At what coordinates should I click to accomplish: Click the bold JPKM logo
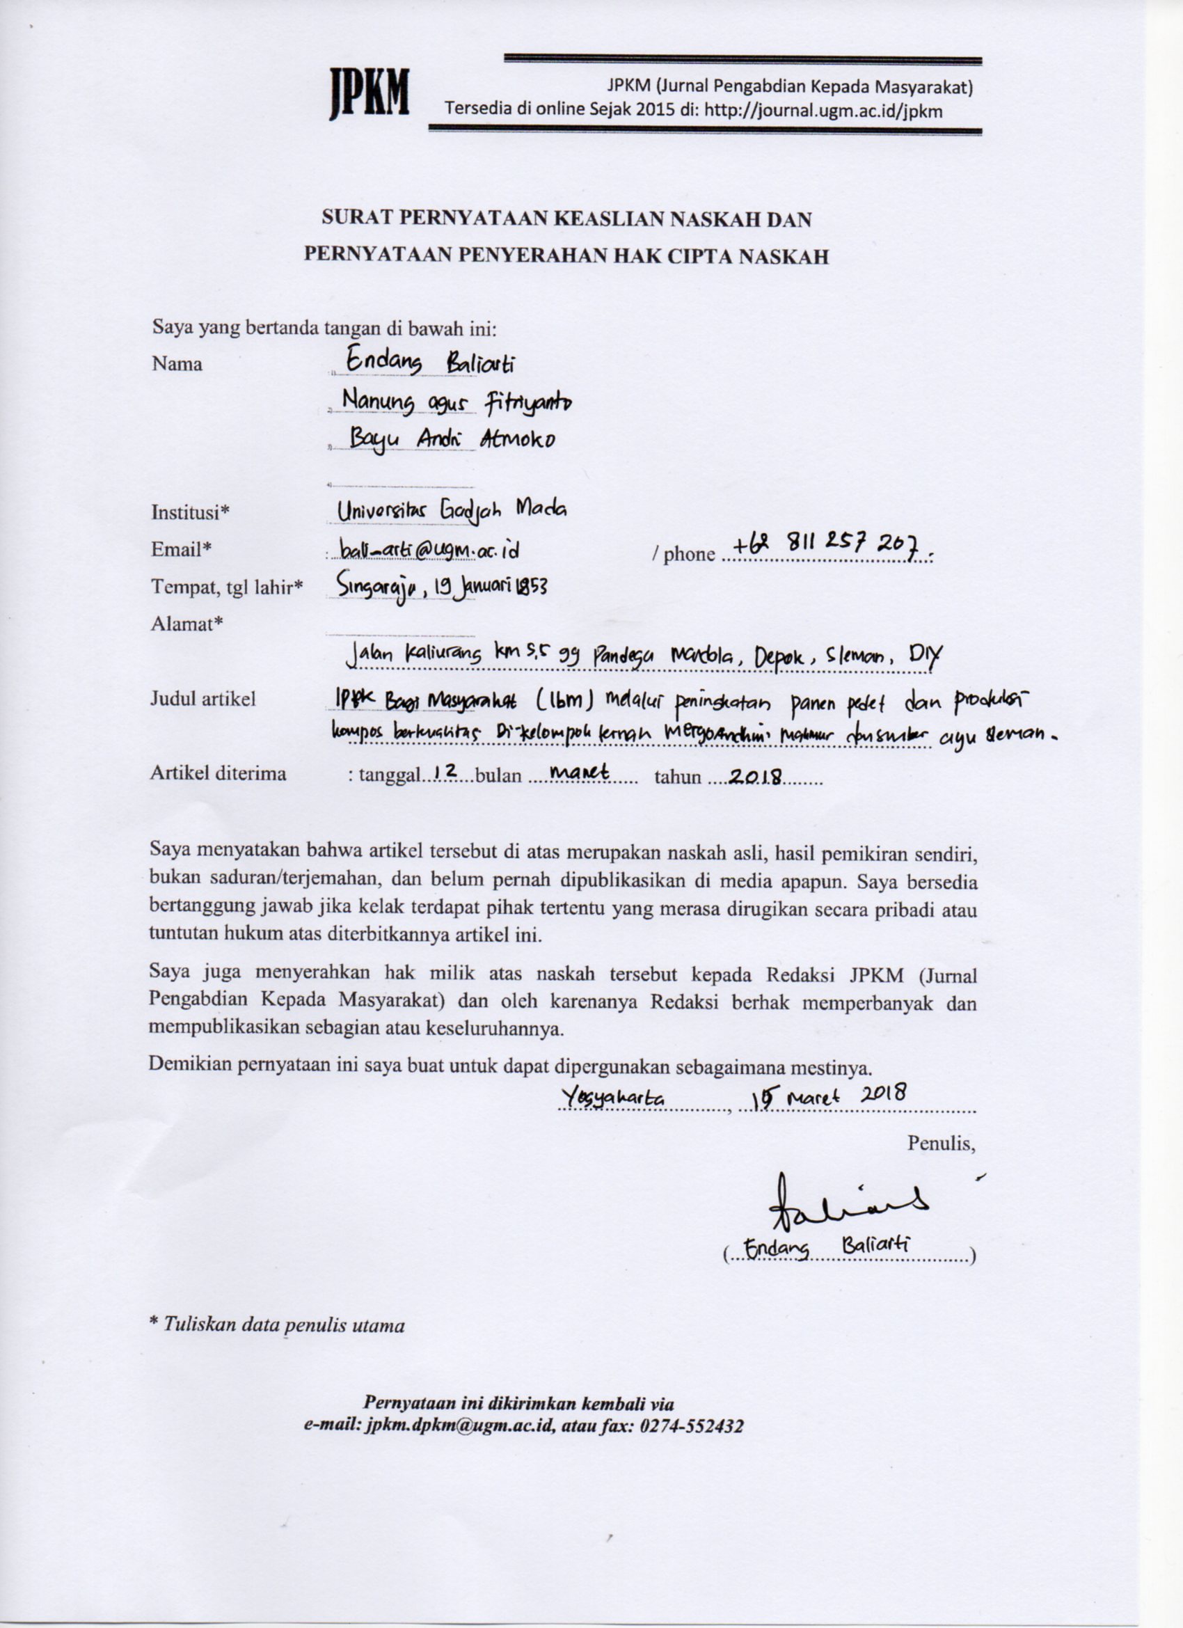[369, 93]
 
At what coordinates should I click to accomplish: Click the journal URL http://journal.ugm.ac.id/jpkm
[823, 111]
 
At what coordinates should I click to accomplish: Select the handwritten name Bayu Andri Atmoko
[452, 438]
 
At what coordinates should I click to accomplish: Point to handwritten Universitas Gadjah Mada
[452, 509]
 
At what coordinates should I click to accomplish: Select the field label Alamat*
[186, 624]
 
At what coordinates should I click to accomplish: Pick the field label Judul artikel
[203, 698]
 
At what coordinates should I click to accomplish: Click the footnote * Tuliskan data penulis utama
[276, 1325]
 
